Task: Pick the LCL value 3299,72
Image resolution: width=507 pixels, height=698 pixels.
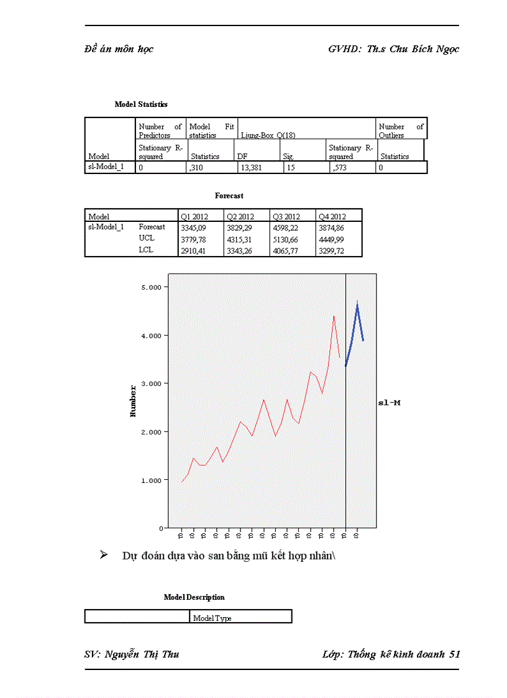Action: [331, 251]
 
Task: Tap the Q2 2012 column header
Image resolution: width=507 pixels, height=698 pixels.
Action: [240, 216]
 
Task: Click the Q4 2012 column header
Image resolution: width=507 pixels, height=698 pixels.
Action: [332, 216]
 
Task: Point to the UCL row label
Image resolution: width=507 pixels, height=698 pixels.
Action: [147, 239]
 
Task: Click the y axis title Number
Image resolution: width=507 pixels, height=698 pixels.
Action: [133, 401]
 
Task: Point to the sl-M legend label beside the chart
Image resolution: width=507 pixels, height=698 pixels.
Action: [390, 403]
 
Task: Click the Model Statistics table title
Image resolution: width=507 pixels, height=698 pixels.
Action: [141, 104]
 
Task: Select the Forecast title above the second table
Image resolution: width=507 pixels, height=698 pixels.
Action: [229, 196]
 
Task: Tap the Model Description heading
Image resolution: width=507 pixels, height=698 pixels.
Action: [194, 597]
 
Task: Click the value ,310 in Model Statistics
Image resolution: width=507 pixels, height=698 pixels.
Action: [196, 167]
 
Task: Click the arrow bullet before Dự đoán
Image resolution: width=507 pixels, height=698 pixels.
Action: [104, 554]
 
